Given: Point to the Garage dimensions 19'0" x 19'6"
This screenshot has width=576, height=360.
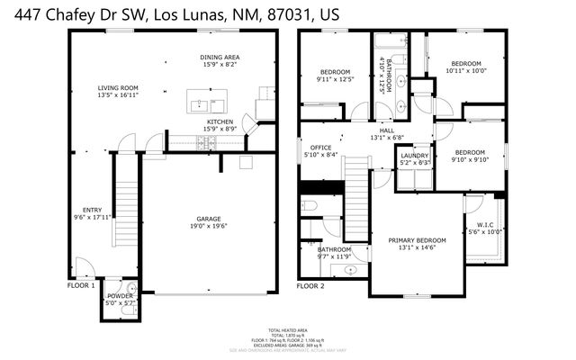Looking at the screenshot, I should tap(209, 226).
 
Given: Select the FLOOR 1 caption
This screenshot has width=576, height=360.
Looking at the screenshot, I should tap(81, 285).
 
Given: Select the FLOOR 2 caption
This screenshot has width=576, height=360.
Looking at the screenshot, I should tap(310, 285).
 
